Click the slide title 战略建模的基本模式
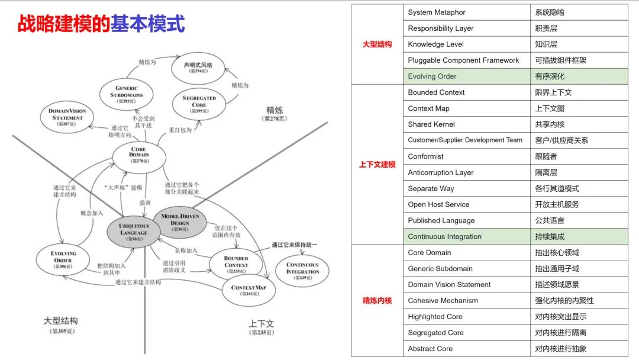coord(101,24)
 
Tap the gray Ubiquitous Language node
coord(134,229)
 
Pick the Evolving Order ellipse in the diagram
coord(63,261)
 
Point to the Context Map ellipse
coord(248,291)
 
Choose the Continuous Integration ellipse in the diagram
coord(302,271)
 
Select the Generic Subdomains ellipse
coord(127,95)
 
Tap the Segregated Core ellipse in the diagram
coord(199,104)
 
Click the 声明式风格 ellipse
coord(198,67)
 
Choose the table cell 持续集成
coord(579,236)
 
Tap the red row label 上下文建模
coord(377,165)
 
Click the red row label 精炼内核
coord(377,301)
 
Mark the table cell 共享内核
coord(579,124)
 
